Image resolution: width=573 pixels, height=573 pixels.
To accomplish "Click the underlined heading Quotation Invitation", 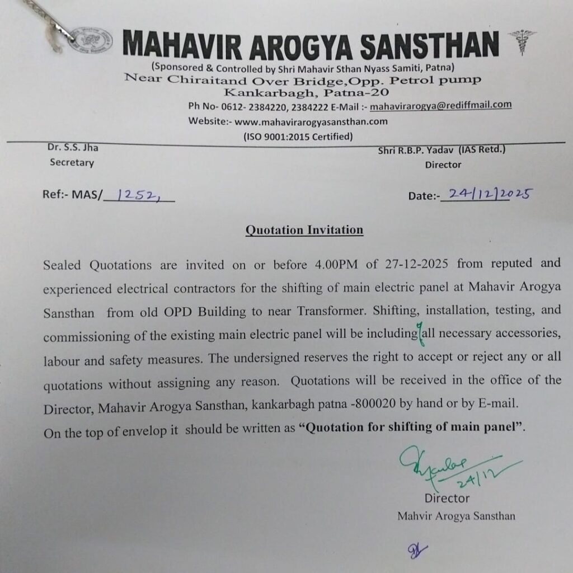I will (304, 230).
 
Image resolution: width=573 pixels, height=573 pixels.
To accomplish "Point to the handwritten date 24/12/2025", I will (486, 194).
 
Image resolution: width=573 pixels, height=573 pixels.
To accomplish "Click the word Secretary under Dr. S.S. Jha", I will (72, 163).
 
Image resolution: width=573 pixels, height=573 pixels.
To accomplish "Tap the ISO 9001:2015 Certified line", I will (298, 136).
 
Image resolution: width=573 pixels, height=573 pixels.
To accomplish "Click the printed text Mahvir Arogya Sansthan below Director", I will (455, 516).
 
